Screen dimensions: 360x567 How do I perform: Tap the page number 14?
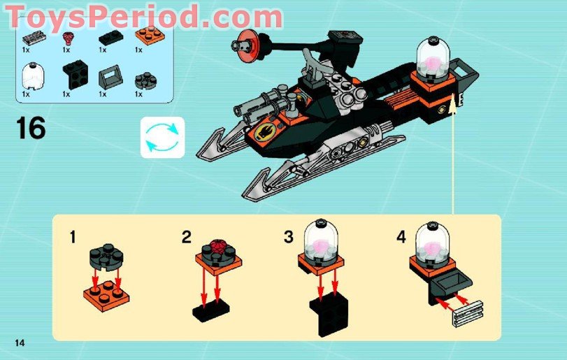pos(19,341)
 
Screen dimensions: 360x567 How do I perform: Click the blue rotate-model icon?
pos(162,136)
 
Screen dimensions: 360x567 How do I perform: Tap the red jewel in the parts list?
pos(69,38)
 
